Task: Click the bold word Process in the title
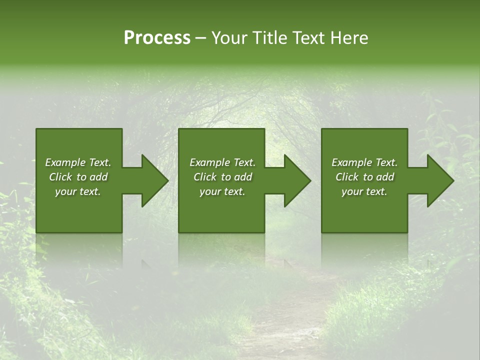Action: click(157, 38)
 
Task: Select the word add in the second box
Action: click(243, 177)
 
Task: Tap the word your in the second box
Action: click(209, 191)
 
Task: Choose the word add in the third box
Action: click(385, 177)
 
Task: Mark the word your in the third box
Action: click(351, 191)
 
